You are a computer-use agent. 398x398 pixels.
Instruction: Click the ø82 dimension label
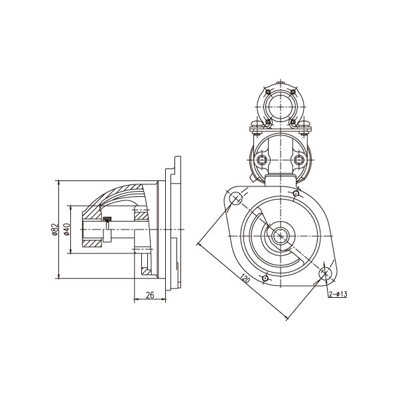(x=55, y=230)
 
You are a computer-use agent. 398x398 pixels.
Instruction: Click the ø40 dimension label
(x=67, y=230)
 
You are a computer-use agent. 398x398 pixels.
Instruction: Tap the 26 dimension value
(x=150, y=295)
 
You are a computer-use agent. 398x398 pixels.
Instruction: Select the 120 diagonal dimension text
(x=245, y=279)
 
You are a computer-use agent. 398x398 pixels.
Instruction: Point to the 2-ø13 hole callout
(x=338, y=294)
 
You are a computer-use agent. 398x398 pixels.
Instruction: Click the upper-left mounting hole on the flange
(x=235, y=198)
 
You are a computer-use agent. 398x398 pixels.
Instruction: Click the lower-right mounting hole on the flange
(x=325, y=273)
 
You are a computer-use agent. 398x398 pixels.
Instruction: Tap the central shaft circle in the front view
(x=280, y=236)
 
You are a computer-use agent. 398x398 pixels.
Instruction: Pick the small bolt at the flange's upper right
(x=296, y=194)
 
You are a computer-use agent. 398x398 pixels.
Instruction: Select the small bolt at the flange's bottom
(x=265, y=279)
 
